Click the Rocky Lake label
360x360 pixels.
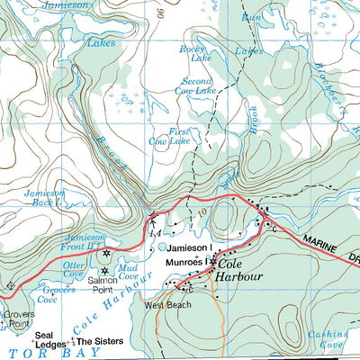(193, 54)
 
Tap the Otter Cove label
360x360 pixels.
(73, 270)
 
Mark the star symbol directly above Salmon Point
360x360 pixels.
(105, 270)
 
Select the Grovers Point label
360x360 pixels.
(17, 321)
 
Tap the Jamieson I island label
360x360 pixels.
(189, 247)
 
